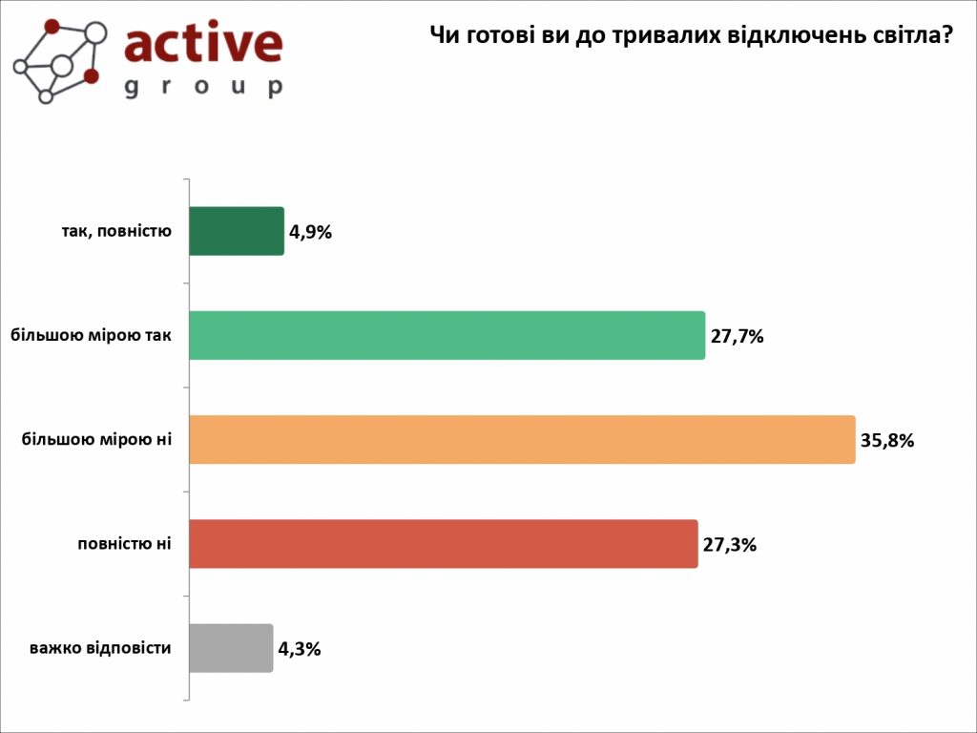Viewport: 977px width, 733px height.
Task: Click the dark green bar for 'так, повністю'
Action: click(237, 231)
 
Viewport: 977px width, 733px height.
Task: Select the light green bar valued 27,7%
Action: click(447, 335)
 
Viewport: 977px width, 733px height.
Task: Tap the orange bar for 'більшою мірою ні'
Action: click(522, 440)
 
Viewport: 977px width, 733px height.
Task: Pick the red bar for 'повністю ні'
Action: click(444, 544)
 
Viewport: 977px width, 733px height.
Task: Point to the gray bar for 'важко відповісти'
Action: click(231, 648)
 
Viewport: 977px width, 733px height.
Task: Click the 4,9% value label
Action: click(310, 232)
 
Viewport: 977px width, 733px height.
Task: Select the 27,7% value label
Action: click(738, 336)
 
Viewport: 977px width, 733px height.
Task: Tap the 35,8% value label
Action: click(887, 440)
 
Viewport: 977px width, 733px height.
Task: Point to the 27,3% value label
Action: click(730, 545)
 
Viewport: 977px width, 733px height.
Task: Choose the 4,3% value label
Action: click(299, 649)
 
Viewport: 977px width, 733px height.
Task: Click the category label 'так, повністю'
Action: click(110, 231)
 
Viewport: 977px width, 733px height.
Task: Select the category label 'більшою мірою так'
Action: click(92, 335)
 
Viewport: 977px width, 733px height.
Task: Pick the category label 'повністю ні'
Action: click(124, 544)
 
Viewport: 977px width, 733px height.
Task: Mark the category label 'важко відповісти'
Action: click(100, 648)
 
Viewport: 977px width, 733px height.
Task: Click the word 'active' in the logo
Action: click(203, 43)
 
